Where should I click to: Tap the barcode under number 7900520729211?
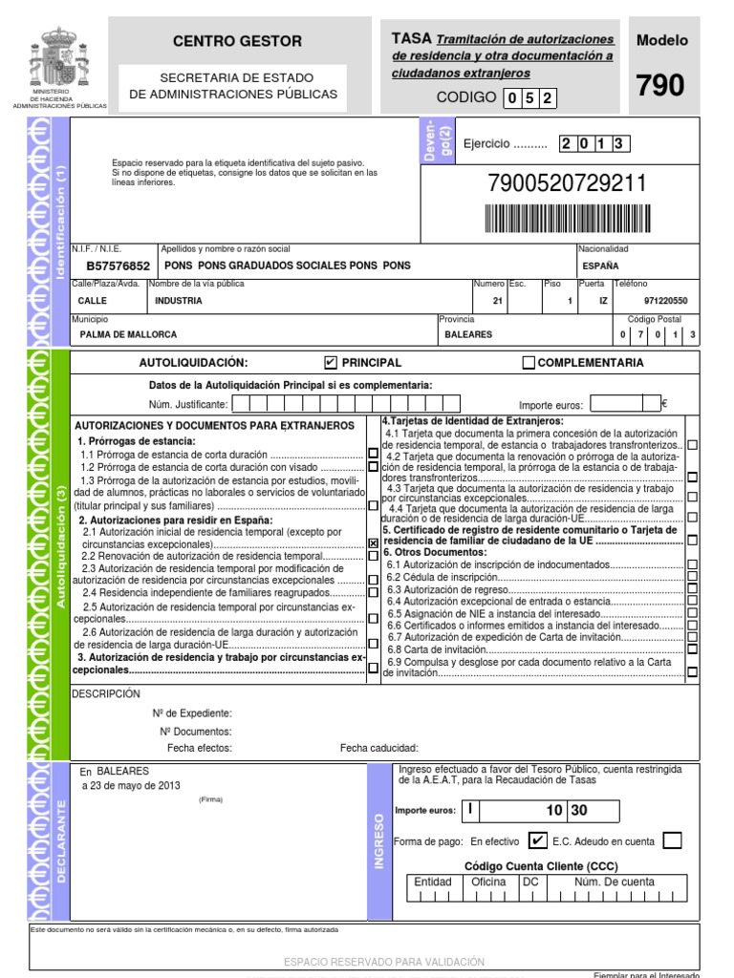coord(567,219)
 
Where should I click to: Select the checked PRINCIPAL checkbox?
coord(331,363)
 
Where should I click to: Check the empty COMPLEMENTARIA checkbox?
coord(529,363)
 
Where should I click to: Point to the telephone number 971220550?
coord(665,301)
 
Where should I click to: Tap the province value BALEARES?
coord(468,335)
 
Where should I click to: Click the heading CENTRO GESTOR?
coord(236,41)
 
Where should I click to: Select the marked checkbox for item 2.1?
coord(373,542)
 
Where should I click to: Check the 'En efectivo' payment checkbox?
coord(538,841)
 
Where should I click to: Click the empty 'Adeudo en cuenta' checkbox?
coord(672,841)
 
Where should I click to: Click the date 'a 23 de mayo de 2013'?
coord(130,785)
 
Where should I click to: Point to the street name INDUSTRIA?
coord(178,301)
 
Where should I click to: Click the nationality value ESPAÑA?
coord(599,266)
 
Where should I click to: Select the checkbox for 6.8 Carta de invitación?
coord(692,649)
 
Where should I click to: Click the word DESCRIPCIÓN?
coord(105,694)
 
